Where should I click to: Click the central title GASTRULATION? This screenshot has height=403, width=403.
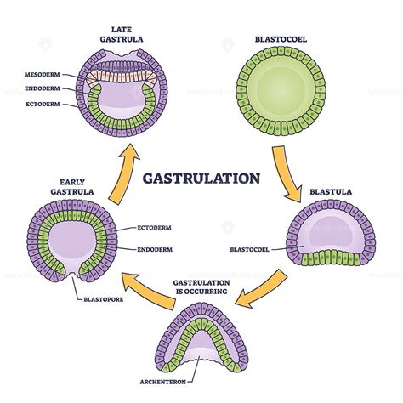pos(201,179)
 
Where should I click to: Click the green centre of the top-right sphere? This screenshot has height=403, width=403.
pos(279,91)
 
